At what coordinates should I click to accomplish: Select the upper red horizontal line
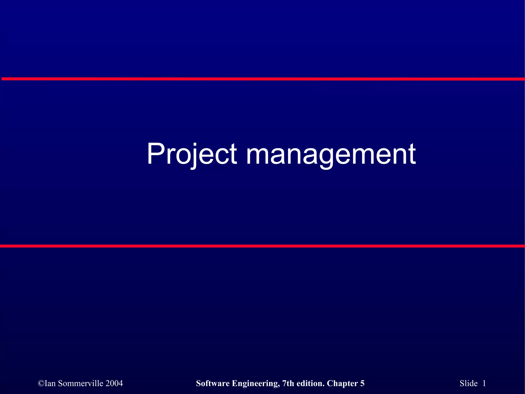tap(262, 79)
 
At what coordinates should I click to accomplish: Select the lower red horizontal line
tap(262, 246)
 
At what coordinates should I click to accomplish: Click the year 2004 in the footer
tap(114, 383)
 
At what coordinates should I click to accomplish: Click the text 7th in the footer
tap(288, 383)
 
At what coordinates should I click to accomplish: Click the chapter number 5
tap(362, 383)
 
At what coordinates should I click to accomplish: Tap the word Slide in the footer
tap(469, 383)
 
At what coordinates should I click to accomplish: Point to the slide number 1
tap(484, 383)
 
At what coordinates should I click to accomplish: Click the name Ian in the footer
tap(51, 383)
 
